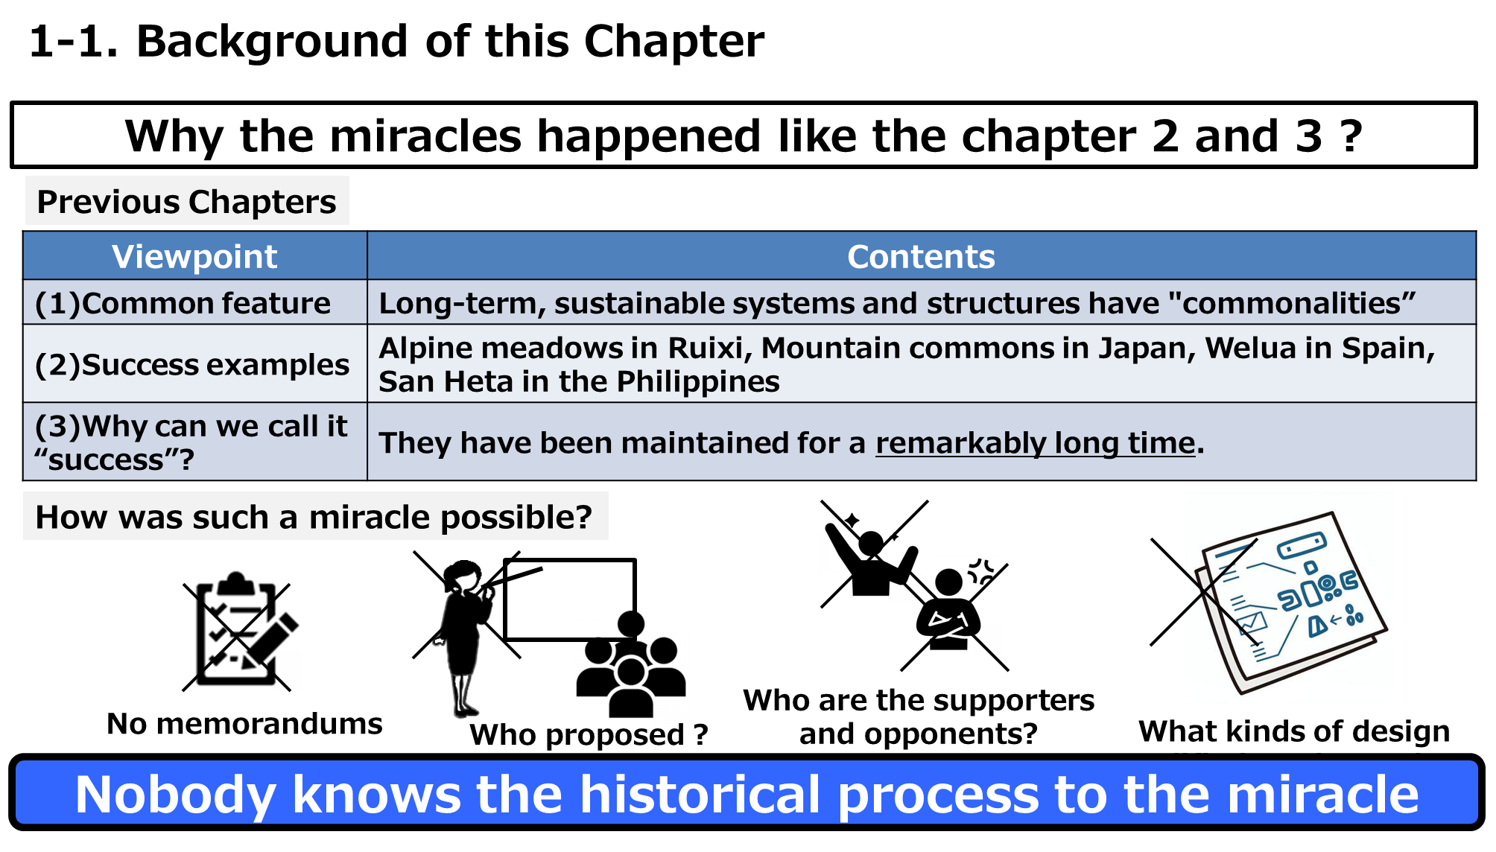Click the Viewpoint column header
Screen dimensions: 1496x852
coord(194,256)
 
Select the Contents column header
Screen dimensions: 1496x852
coord(921,256)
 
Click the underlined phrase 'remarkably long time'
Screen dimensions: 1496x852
coord(1036,443)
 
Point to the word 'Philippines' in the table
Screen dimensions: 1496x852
coord(698,381)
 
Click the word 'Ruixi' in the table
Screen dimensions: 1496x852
coord(705,348)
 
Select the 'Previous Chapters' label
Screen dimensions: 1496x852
coord(186,202)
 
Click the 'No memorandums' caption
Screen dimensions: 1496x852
coord(244,723)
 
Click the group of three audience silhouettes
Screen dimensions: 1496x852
coord(631,665)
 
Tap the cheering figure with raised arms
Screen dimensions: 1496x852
coord(870,556)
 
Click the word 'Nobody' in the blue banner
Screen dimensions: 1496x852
coord(175,795)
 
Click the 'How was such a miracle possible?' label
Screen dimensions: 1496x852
coord(314,517)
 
